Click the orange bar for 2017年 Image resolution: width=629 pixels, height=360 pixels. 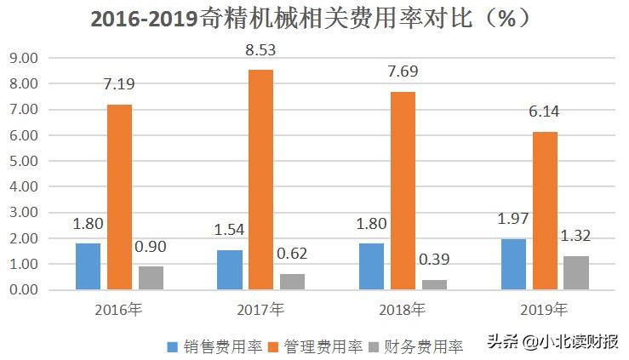[x=261, y=180]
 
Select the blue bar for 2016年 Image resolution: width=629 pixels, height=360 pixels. [x=88, y=266]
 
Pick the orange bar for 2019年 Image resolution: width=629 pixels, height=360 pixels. [x=546, y=210]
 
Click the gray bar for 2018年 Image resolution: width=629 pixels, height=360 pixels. [x=435, y=284]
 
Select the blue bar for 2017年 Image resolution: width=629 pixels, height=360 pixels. [x=230, y=270]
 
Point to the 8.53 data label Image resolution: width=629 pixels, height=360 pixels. [x=260, y=50]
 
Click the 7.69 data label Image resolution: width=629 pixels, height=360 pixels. [x=403, y=72]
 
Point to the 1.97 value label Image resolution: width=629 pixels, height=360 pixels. [x=514, y=220]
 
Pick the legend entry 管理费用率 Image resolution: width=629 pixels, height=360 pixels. [x=313, y=346]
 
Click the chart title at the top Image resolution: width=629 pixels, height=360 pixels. [x=314, y=18]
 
